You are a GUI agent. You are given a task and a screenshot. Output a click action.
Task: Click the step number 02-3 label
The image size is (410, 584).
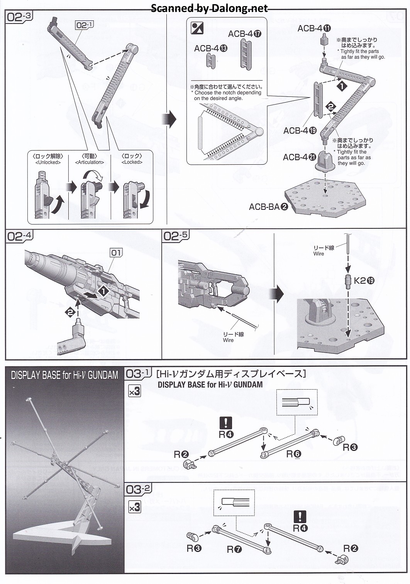coord(19,17)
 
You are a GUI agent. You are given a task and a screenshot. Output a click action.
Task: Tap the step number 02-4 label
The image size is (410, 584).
coord(19,236)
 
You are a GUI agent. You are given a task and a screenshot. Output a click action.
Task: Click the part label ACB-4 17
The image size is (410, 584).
coord(244,34)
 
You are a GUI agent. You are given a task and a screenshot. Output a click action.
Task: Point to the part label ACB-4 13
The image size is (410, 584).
coord(210,49)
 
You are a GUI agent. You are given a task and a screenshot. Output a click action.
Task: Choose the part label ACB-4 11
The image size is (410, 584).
coord(314,28)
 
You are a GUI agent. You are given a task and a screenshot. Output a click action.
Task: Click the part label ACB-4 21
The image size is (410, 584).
coord(300,157)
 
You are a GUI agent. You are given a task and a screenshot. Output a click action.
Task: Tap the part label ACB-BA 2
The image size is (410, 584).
coord(268,207)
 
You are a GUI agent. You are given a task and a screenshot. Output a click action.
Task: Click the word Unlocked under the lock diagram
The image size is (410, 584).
coord(48,162)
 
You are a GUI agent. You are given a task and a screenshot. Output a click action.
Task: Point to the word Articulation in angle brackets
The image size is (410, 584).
coord(90,162)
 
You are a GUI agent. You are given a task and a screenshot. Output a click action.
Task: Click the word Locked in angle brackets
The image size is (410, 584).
coord(132,162)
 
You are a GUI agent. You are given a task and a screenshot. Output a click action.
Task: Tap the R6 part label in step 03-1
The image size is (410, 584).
coord(293,454)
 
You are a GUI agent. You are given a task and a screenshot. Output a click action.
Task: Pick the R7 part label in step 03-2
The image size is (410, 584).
coord(234,549)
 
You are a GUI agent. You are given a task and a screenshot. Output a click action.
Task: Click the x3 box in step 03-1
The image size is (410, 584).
coord(134,392)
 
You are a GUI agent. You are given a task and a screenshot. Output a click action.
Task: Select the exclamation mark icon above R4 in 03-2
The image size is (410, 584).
coord(300,516)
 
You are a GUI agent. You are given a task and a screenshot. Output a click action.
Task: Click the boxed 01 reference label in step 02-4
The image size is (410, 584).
coord(116,253)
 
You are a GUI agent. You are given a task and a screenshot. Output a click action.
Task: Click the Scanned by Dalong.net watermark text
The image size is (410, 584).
coord(209,8)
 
